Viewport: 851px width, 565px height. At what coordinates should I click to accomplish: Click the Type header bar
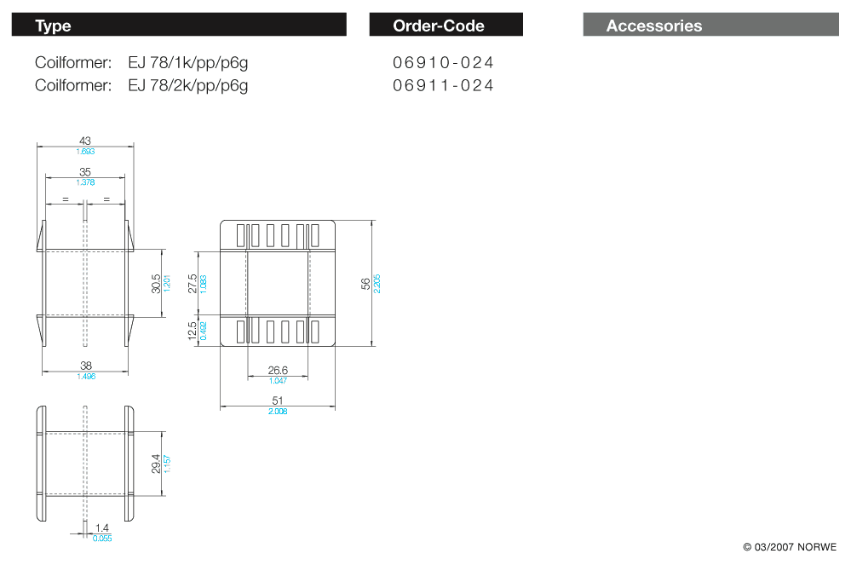click(179, 25)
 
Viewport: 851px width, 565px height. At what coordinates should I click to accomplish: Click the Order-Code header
click(446, 25)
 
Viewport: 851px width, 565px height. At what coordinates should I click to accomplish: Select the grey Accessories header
click(711, 25)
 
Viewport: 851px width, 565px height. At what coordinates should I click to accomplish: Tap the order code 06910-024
click(443, 63)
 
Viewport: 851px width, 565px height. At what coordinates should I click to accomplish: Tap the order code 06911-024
click(443, 86)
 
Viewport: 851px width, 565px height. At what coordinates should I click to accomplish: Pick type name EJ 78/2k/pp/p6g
click(187, 86)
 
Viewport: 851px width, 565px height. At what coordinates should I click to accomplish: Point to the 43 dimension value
click(85, 141)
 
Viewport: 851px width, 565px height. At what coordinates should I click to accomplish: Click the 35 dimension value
click(85, 172)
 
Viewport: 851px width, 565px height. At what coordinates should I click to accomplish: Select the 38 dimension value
click(86, 366)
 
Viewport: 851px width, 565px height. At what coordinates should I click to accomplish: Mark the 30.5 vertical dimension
click(156, 283)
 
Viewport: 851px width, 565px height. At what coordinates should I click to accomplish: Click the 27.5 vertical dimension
click(193, 283)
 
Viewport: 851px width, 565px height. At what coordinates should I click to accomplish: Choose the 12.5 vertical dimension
click(193, 332)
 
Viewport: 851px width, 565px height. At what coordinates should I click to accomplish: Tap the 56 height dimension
click(365, 283)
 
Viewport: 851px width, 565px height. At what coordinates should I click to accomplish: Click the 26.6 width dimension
click(278, 370)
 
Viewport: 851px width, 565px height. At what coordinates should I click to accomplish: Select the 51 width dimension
click(278, 401)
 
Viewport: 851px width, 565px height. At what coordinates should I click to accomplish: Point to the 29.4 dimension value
click(156, 464)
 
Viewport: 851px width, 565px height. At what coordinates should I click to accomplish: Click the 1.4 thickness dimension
click(102, 528)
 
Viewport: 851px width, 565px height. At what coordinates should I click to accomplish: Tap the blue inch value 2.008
click(278, 412)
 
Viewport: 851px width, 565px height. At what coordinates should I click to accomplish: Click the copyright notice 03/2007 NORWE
click(790, 547)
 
